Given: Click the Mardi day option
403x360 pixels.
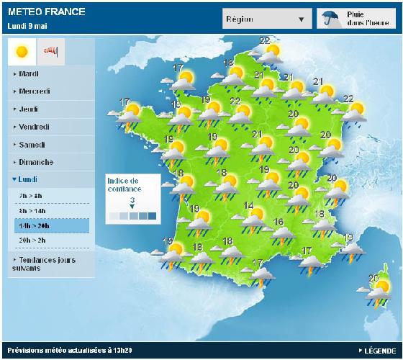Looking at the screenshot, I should (29, 74).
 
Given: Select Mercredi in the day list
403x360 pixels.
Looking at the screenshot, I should (34, 91).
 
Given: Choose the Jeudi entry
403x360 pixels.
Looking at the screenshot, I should (28, 109).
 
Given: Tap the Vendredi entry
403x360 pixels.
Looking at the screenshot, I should (34, 127).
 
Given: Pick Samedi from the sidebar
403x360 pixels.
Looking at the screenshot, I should (32, 145).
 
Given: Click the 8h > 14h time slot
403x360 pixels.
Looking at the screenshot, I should (35, 210).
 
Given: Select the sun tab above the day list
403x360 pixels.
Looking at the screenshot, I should (22, 50).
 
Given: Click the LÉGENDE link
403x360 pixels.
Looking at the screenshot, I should (378, 351).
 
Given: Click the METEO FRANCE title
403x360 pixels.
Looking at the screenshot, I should (46, 12).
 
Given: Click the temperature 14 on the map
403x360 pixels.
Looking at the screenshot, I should (249, 207).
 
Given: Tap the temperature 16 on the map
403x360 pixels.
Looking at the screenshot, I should (278, 221).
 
